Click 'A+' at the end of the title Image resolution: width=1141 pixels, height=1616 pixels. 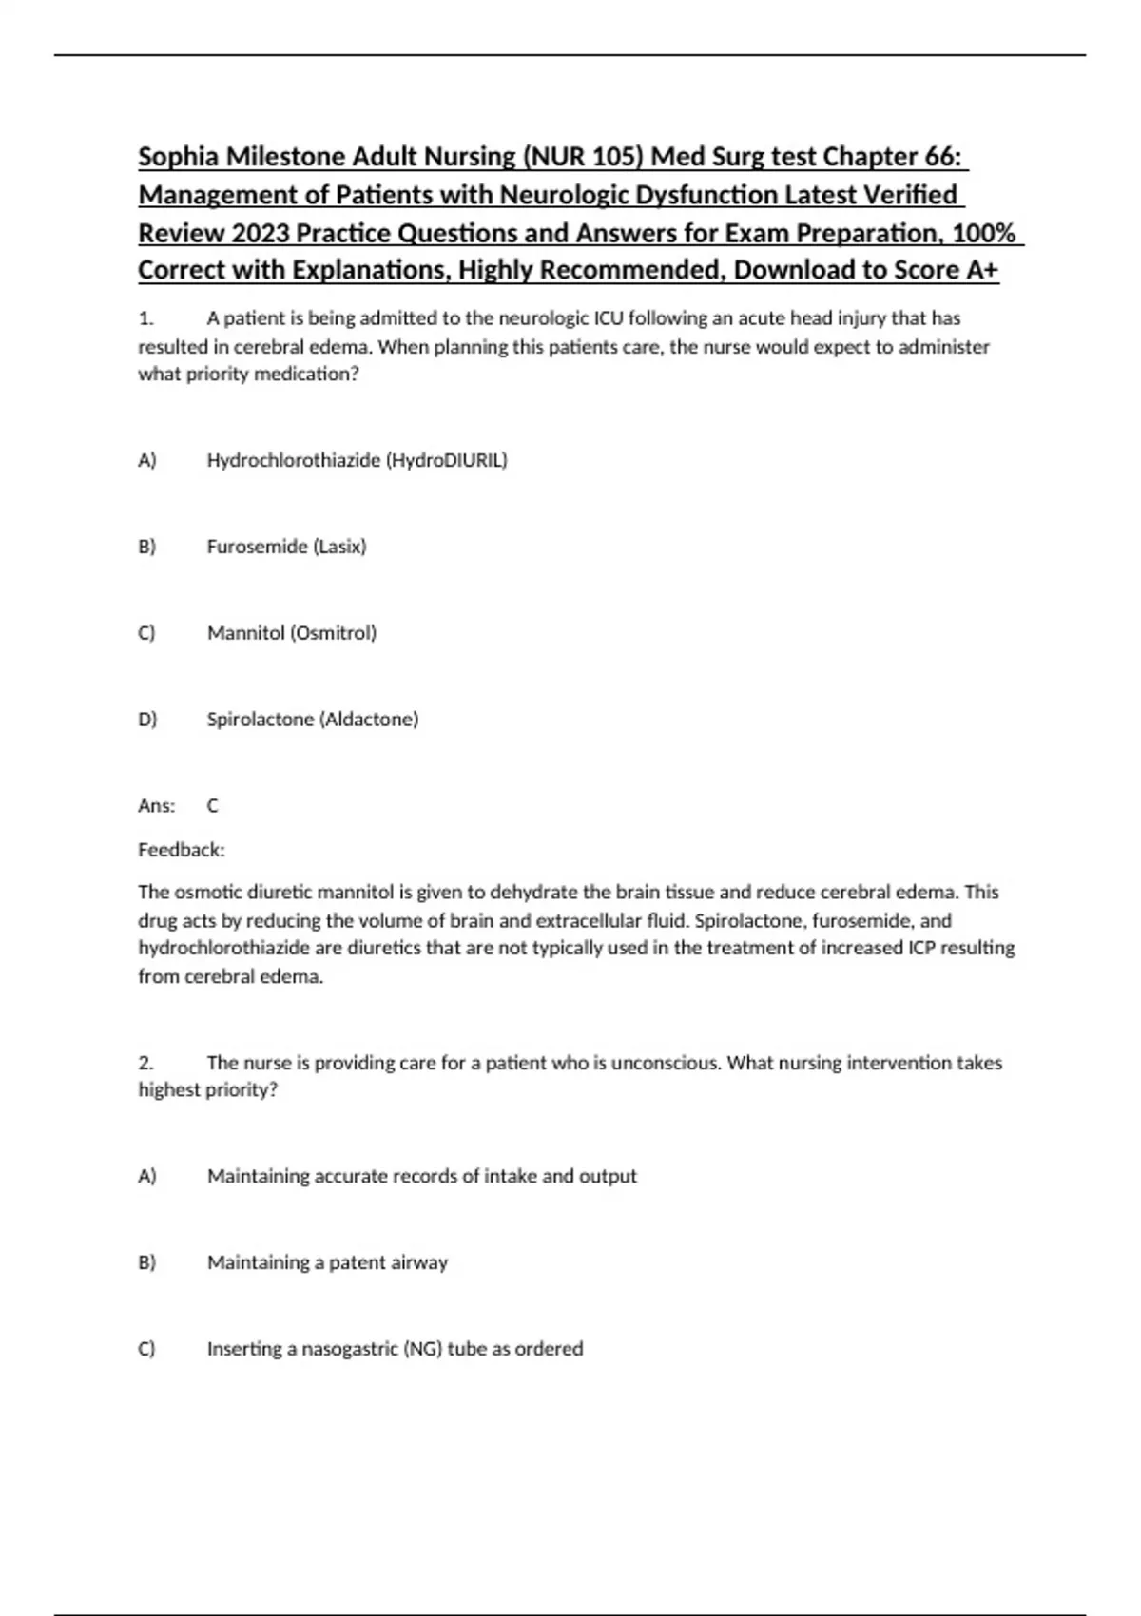coord(982,270)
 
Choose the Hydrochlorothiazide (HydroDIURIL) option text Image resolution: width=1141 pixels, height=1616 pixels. coord(357,461)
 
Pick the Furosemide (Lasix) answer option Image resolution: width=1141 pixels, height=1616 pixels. coord(286,547)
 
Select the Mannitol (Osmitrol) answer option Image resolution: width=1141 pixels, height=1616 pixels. coord(291,633)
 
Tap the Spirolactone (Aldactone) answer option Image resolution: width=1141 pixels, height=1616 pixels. coord(312,720)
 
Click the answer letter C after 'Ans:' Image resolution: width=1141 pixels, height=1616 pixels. coord(212,806)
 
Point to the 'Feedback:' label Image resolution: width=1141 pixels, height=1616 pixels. coord(181,850)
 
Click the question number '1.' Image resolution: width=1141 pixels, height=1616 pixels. coord(145,318)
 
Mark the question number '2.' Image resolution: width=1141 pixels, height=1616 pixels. coord(145,1063)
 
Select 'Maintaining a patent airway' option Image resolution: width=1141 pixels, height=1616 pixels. coord(327,1262)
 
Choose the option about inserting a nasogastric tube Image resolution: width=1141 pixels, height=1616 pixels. coord(395,1349)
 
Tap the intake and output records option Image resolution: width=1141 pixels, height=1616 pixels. coord(421,1176)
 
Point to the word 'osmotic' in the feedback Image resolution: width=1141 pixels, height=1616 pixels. coord(208,893)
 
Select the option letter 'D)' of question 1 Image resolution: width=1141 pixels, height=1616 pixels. coord(146,720)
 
